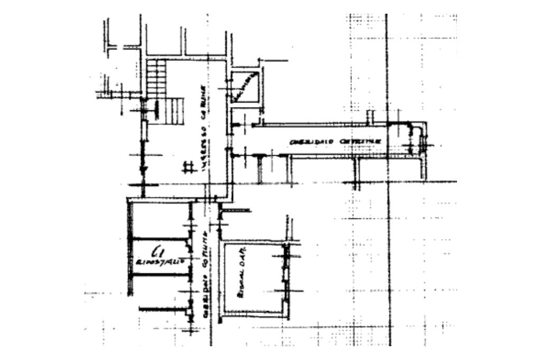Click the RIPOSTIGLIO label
click(x=160, y=261)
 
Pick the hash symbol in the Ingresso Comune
click(x=186, y=168)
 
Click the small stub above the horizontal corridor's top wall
click(x=370, y=116)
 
